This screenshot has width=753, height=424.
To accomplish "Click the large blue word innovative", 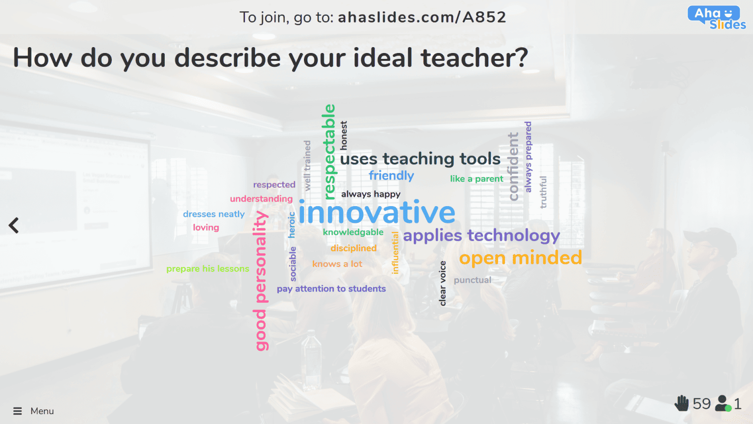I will click(376, 213).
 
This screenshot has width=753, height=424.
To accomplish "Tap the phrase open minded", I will click(520, 258).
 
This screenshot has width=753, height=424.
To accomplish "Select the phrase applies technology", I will click(481, 236).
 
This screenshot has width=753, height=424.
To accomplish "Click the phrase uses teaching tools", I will click(420, 159).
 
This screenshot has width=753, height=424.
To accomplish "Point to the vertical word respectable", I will click(329, 152).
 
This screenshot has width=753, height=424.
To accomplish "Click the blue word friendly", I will click(391, 175).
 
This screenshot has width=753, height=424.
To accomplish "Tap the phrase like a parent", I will click(477, 179).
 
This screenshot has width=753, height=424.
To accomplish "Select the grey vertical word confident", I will click(513, 166).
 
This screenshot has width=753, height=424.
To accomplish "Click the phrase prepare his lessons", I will click(207, 268).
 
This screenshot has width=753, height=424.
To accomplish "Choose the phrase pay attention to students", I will click(331, 289).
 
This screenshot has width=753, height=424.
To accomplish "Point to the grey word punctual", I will click(472, 280).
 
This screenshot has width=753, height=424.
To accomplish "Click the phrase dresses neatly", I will click(214, 214).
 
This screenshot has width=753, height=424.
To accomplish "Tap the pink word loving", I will click(206, 227).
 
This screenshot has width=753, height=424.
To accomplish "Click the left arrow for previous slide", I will click(14, 225).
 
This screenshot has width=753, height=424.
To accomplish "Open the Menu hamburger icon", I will click(18, 411).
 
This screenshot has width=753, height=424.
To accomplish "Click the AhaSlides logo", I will click(716, 18).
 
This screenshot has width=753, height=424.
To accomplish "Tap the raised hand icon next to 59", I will click(681, 403).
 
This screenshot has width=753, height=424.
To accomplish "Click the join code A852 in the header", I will click(484, 17).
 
